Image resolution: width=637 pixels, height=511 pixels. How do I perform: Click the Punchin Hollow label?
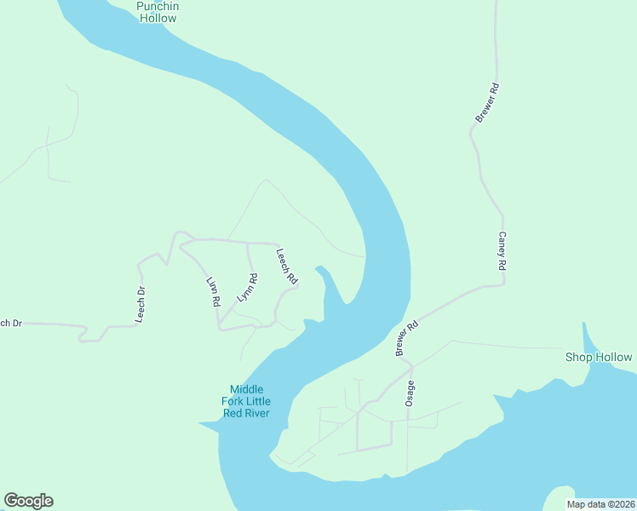coord(157,12)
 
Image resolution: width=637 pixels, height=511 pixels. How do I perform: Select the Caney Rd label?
coord(502,251)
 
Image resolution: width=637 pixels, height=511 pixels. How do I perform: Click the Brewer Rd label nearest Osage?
coord(407,338)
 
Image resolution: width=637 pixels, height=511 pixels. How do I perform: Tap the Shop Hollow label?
coord(599,358)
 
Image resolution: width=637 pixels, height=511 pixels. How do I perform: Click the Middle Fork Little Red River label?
coord(245,401)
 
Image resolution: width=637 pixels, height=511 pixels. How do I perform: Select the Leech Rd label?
coord(287,266)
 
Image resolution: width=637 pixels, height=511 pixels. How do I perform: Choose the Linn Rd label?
coord(213,291)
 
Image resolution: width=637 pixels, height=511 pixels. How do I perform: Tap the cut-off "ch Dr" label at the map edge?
coord(10,323)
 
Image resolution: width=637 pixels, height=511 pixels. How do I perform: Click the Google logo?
coord(28,501)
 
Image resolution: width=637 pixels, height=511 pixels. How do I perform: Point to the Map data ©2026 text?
coord(600,504)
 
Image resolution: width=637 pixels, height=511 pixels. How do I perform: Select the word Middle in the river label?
coord(246,389)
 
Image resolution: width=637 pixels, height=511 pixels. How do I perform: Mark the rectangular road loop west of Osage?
coord(374,433)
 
